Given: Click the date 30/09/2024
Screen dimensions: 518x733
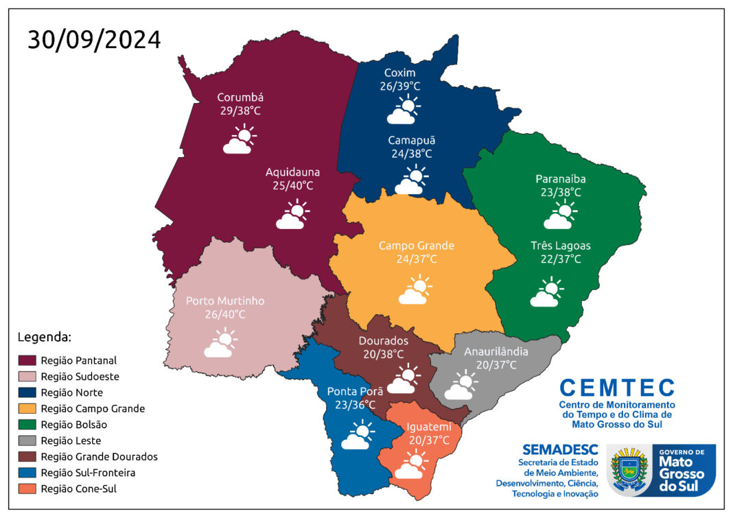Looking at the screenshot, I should coord(94,40).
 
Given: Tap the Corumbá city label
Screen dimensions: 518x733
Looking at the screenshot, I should coord(240,97).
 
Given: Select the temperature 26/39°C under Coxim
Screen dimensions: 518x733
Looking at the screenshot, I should coord(399,86).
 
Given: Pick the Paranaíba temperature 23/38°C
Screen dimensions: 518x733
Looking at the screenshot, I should coord(560,192).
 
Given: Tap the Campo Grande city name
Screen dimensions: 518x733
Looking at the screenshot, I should coord(416,246).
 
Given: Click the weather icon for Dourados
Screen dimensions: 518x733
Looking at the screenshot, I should coord(403,380).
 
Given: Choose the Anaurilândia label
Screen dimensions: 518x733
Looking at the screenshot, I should coord(496,351).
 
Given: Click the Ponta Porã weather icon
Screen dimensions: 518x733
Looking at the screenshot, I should coord(358,436).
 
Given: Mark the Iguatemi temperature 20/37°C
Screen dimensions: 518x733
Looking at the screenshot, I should coord(429,440).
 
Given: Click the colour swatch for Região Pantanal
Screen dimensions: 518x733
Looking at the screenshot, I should coord(26,360).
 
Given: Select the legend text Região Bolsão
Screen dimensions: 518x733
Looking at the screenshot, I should coord(73,425).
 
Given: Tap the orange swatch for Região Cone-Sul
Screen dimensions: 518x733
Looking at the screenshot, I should coord(26,489).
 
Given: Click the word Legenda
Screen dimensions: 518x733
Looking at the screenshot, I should coord(44,337).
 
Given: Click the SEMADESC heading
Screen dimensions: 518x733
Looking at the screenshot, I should coord(560,450).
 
